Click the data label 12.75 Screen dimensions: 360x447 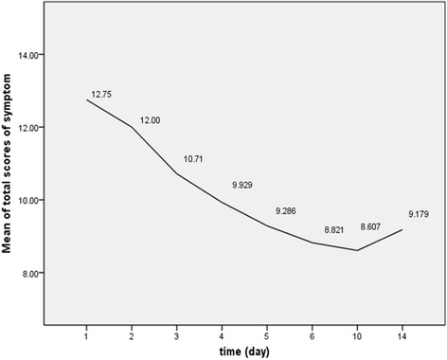click(101, 95)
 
